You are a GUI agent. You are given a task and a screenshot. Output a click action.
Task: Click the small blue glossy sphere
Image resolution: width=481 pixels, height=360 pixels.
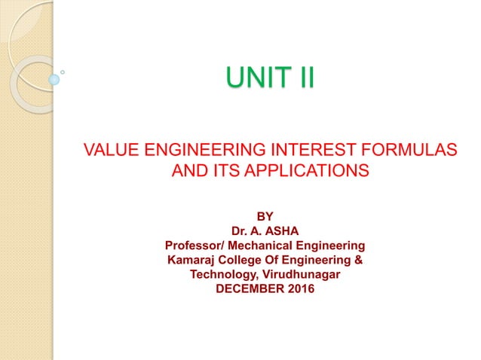tap(54, 78)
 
